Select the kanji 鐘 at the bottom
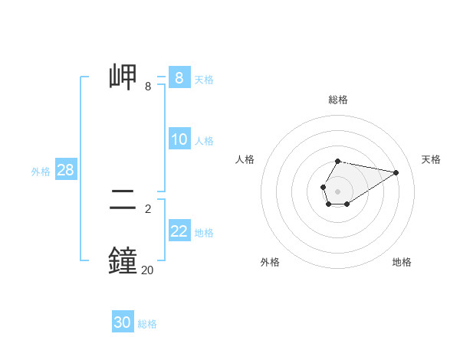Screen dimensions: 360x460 123,260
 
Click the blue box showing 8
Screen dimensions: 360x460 179,78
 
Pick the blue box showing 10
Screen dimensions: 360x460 179,139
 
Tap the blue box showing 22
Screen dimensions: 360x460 179,231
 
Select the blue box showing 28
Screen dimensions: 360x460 65,170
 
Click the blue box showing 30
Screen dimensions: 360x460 122,322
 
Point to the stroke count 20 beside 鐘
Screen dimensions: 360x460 147,270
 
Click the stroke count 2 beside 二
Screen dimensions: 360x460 147,208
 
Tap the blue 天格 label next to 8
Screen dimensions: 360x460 204,79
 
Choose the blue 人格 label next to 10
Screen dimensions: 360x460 204,141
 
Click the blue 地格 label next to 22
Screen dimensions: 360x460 204,233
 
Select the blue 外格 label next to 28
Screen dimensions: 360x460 41,172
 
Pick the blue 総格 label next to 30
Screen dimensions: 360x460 147,324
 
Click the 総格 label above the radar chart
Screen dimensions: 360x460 338,100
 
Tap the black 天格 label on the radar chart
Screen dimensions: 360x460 431,159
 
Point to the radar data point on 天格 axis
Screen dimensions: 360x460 396,172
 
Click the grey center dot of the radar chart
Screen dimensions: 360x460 338,191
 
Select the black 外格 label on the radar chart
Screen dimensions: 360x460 270,262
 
